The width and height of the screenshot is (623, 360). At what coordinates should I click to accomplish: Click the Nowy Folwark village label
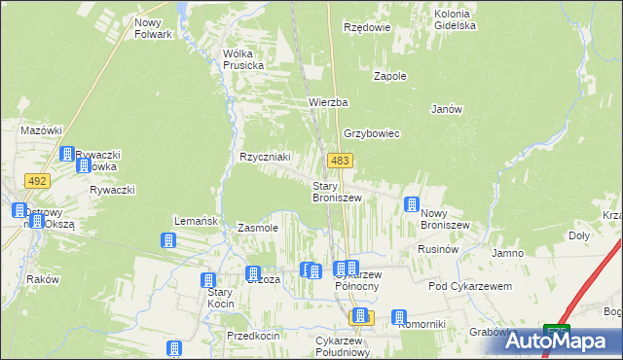(153, 28)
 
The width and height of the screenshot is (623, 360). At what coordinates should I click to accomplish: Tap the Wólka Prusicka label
(243, 59)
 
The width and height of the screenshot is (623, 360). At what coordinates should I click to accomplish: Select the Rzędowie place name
(367, 28)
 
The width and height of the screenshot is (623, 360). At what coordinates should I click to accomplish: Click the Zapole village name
(390, 76)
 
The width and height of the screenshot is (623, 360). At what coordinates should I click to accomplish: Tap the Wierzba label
(328, 102)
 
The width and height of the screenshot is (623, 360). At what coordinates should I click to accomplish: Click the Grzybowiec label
(371, 134)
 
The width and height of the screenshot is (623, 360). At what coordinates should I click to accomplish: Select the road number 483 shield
(340, 161)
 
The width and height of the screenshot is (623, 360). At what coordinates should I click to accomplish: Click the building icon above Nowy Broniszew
(412, 203)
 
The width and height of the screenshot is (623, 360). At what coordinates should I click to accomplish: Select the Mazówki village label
(42, 129)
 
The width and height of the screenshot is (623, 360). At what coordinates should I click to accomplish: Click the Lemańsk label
(195, 221)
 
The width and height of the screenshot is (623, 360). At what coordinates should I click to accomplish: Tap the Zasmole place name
(258, 228)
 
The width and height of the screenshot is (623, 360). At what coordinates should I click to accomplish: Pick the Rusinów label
(438, 249)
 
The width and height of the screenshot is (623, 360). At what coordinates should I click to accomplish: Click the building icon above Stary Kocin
(208, 280)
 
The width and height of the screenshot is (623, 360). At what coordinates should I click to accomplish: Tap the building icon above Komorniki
(399, 316)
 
